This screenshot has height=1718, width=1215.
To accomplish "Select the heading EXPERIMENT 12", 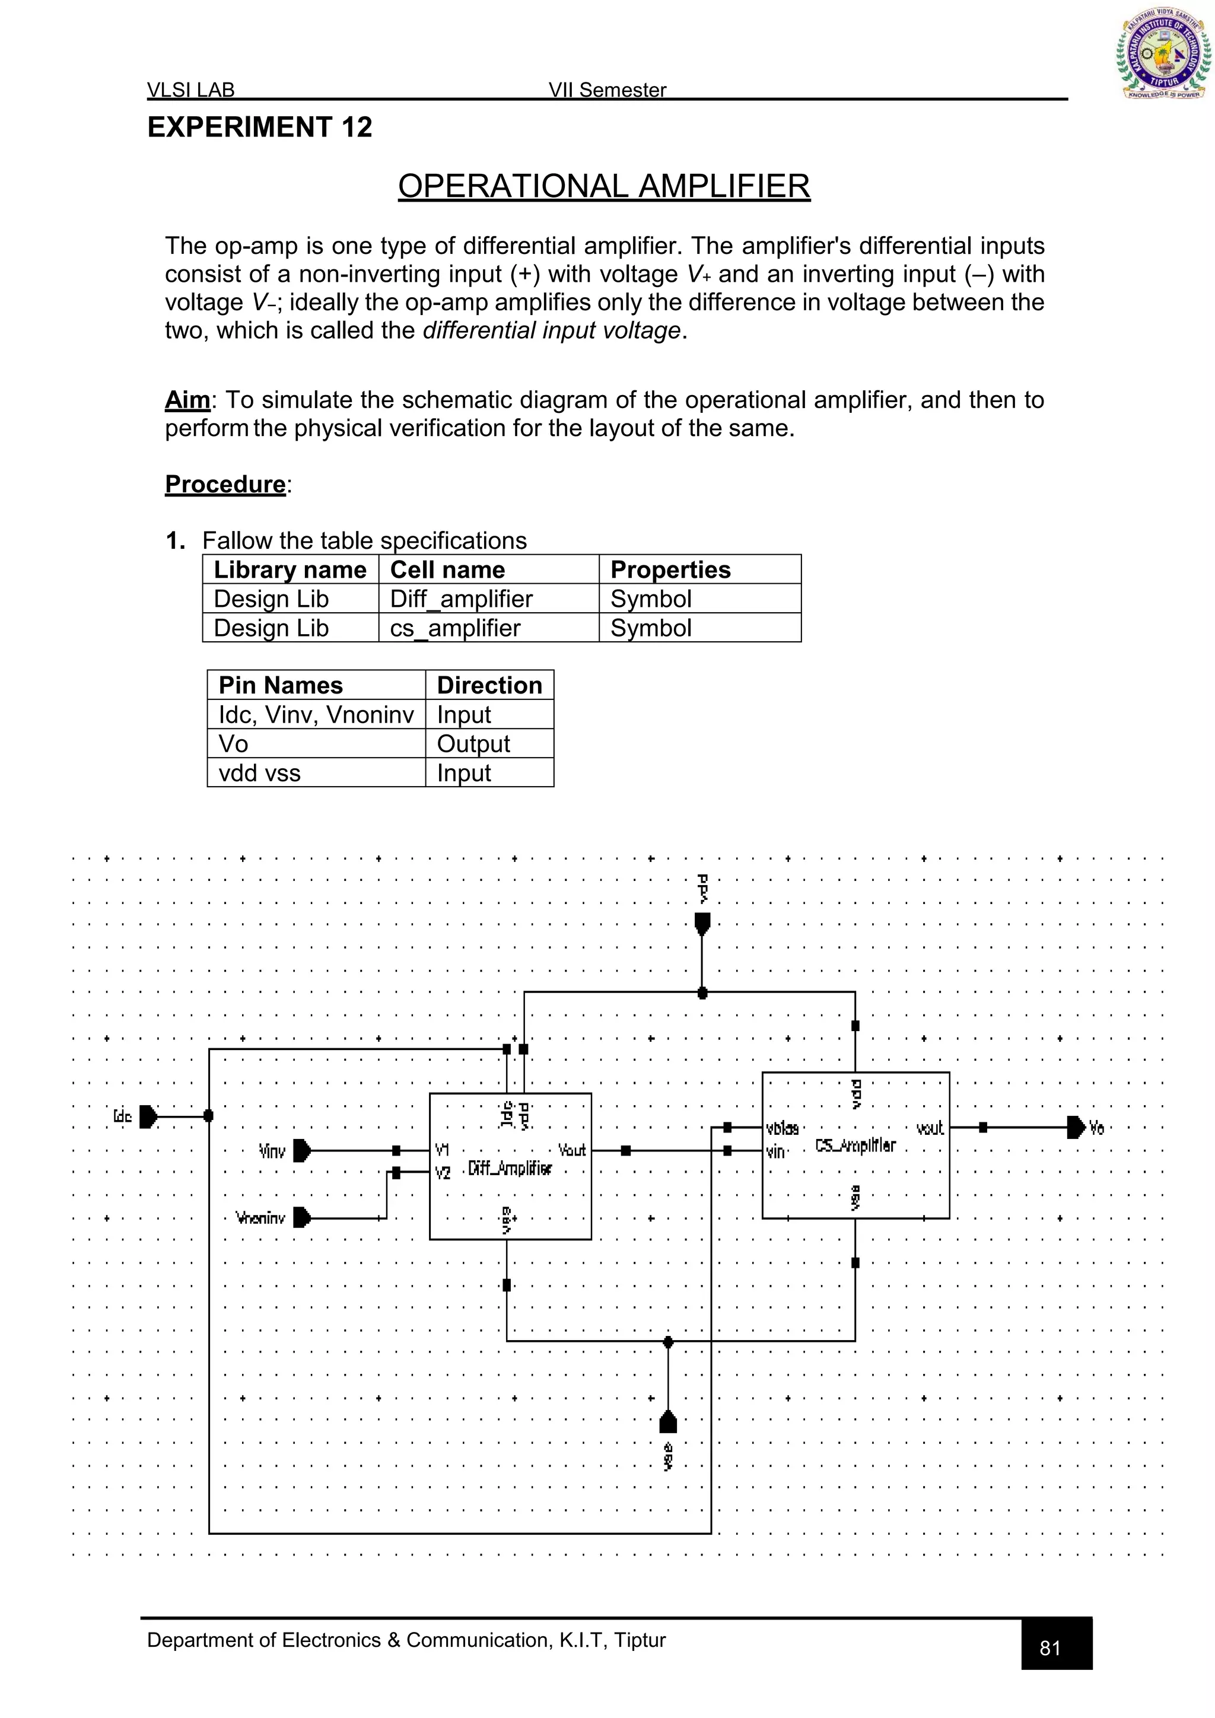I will click(260, 127).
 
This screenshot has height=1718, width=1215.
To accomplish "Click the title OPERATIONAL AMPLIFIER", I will click(604, 186).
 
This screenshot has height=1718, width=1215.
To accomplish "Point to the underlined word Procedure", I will click(225, 484).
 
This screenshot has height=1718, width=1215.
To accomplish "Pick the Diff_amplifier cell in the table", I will click(462, 599).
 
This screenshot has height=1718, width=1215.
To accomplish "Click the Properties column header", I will click(670, 570).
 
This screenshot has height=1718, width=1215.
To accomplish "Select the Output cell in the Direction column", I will click(473, 744).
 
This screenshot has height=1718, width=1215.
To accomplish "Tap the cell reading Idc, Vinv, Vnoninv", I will click(316, 715).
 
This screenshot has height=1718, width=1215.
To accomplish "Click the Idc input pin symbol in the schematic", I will click(148, 1116).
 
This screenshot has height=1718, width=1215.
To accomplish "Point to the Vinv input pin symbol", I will click(301, 1150).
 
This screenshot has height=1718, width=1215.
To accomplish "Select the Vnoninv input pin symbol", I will click(301, 1217).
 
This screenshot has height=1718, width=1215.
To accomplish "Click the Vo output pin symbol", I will click(1076, 1127).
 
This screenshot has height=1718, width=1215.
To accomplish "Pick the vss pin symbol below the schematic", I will click(668, 1422).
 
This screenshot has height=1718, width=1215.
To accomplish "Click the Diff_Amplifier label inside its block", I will click(510, 1168).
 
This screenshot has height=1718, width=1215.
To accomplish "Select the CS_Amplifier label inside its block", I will click(855, 1145).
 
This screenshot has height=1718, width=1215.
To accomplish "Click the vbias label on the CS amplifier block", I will click(783, 1128).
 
